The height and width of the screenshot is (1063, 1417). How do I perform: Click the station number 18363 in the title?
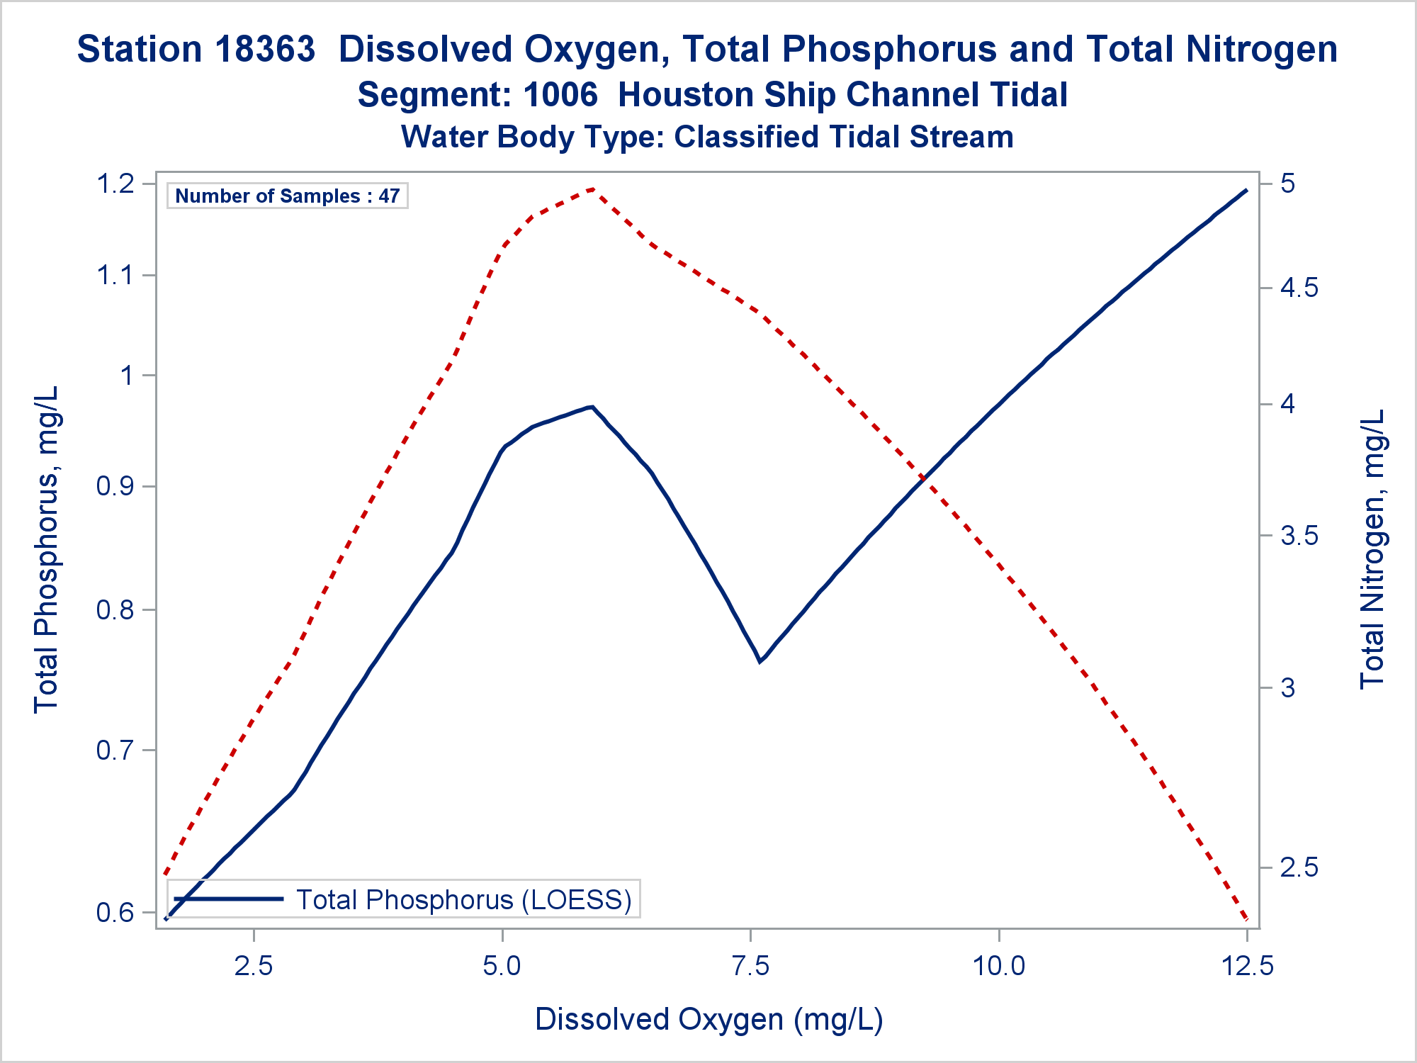[x=265, y=50]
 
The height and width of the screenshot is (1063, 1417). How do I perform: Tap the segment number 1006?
[x=560, y=95]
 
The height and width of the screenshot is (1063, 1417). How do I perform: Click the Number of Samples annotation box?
[x=287, y=196]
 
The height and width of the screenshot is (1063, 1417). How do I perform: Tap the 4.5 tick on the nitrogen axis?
[x=1299, y=288]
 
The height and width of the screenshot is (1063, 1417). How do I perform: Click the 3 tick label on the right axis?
[x=1289, y=687]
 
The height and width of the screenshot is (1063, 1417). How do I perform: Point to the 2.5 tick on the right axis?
[x=1299, y=867]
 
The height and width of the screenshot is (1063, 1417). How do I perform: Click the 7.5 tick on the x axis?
[x=750, y=965]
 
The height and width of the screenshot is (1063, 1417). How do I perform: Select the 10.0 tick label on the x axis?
[x=998, y=965]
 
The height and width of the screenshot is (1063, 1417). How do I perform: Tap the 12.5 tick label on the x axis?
[x=1247, y=965]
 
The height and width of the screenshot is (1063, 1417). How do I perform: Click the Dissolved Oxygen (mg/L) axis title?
[x=708, y=1019]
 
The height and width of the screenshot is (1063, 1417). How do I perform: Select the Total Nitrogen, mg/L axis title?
[x=1372, y=549]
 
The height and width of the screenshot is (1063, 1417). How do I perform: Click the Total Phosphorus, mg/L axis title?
[x=47, y=549]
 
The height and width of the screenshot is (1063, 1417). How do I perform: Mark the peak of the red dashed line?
[x=593, y=189]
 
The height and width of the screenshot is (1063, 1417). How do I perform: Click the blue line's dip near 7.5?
[x=760, y=661]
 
